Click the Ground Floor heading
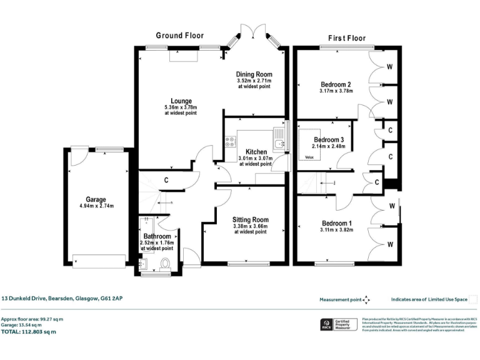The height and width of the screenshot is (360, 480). [x=180, y=36]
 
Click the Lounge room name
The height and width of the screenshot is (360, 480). [x=181, y=101]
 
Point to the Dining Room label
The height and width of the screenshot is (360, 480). [x=254, y=74]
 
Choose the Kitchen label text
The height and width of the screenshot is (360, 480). [x=256, y=152]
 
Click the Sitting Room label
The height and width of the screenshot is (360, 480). [x=250, y=219]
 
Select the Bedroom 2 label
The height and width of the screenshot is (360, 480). [x=336, y=84]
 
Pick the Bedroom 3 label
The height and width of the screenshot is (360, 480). [x=329, y=139]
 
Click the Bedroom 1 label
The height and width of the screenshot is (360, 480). [x=337, y=223]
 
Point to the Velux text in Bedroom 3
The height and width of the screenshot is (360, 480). [x=309, y=157]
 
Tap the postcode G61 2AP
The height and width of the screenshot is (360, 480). [x=113, y=299]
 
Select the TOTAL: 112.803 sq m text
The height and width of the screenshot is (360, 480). [x=28, y=332]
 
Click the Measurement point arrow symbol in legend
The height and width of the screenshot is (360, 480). [x=367, y=300]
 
